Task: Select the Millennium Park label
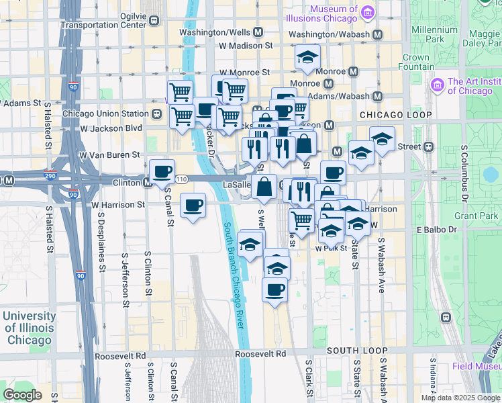[434, 34]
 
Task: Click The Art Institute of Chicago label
[472, 86]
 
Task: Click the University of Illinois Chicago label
[29, 328]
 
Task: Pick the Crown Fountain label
[416, 62]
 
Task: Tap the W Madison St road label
[246, 46]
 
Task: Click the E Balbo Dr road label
[436, 230]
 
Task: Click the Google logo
[23, 395]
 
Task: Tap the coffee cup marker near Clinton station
[162, 172]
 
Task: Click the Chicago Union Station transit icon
[156, 114]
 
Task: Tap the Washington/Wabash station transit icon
[378, 34]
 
